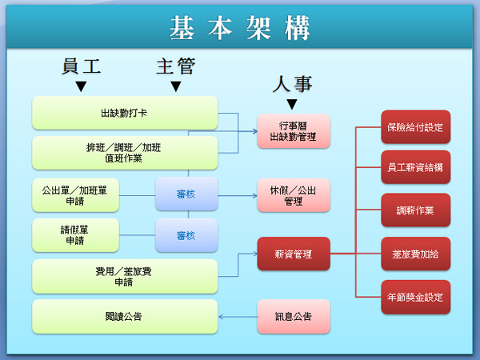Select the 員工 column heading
[x=81, y=66]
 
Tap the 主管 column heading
[x=175, y=66]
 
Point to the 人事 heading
[x=292, y=84]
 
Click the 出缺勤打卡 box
[x=125, y=113]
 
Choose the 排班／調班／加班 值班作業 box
[x=125, y=152]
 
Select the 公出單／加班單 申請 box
[x=75, y=196]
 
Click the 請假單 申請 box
[x=75, y=235]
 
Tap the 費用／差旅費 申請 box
[x=125, y=276]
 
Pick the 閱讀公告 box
[x=125, y=317]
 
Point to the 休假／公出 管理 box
[x=293, y=196]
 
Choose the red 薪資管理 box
[x=293, y=254]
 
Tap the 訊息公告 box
[x=293, y=317]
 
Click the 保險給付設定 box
[x=414, y=127]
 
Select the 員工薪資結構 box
[x=414, y=168]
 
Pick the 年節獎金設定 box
[x=414, y=298]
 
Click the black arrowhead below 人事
[x=292, y=104]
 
